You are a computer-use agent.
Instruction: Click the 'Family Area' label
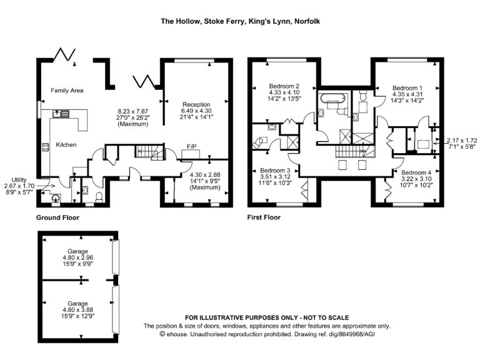tap(67, 91)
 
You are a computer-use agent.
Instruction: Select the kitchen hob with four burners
tap(46, 148)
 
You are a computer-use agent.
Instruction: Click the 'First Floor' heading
tap(265, 218)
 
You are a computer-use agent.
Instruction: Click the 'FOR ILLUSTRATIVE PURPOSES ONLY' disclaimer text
tap(267, 317)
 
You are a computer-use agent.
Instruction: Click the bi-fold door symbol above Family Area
tap(65, 55)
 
